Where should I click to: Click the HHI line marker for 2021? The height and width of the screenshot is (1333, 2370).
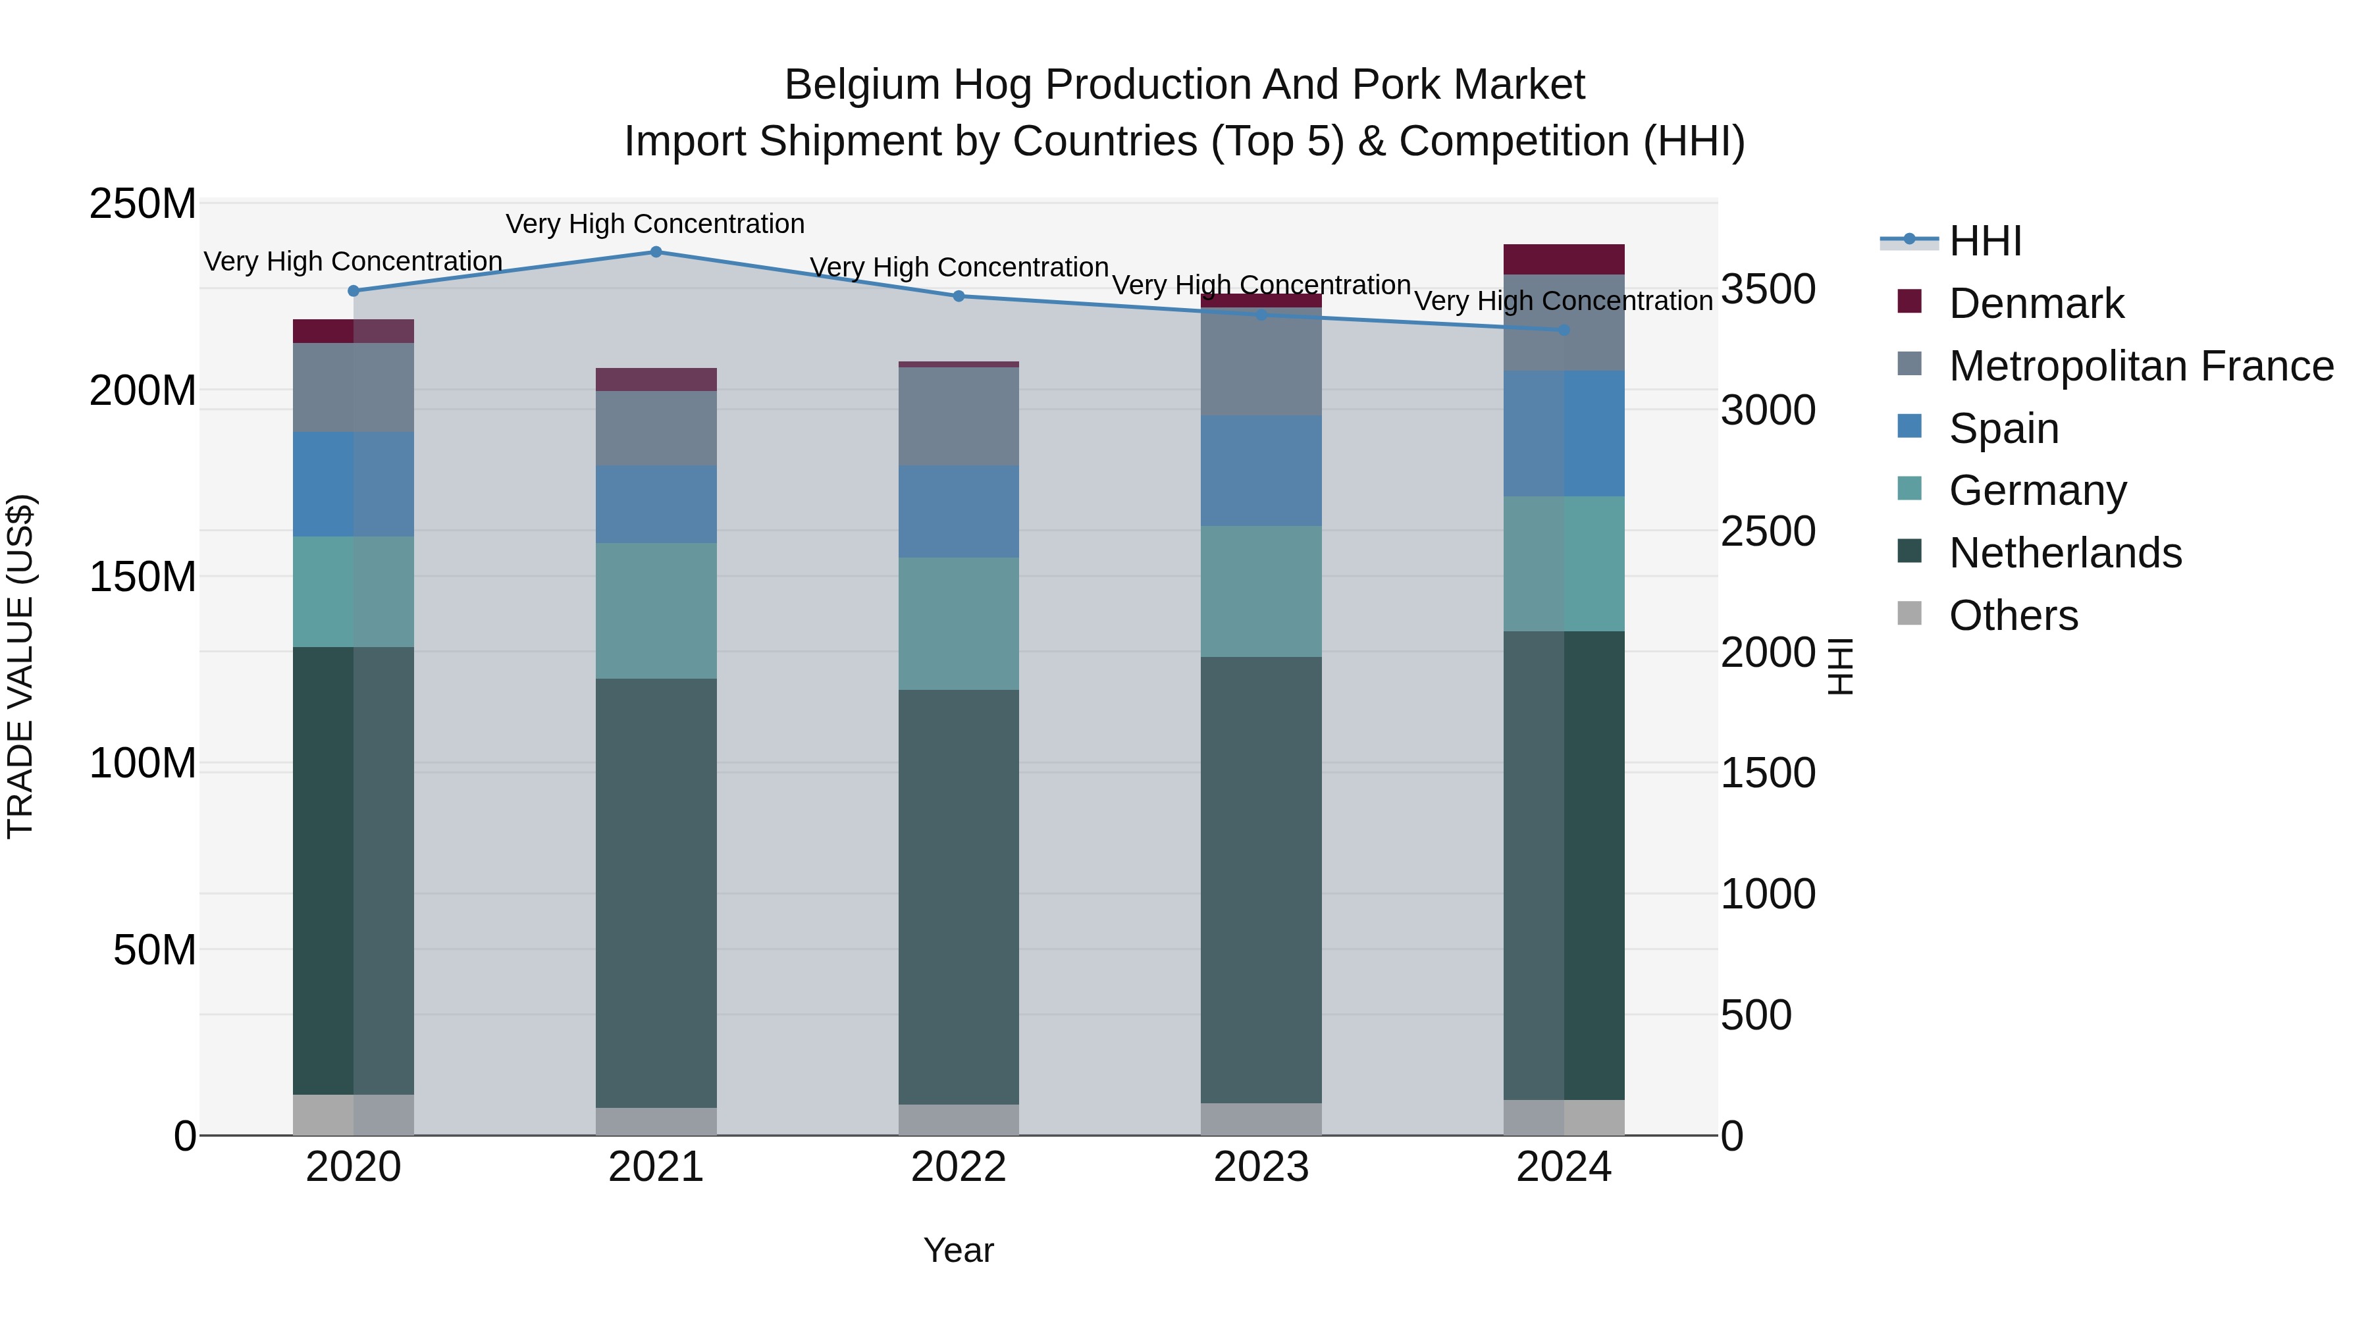click(x=656, y=252)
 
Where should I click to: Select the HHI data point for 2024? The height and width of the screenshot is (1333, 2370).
click(x=1564, y=329)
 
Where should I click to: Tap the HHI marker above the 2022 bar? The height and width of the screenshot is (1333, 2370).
click(x=959, y=296)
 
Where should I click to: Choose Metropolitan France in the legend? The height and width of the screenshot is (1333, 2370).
click(x=2140, y=366)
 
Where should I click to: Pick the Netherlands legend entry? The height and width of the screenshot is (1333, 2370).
click(x=2065, y=553)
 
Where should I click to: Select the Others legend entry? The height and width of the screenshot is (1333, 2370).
click(x=2013, y=615)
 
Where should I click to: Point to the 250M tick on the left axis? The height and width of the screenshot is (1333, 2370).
click(x=143, y=203)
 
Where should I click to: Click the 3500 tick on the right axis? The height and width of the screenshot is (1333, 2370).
click(x=1768, y=289)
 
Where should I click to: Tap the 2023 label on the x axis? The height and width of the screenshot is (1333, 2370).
click(x=1261, y=1167)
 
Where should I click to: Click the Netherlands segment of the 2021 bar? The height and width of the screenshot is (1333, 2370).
click(x=656, y=893)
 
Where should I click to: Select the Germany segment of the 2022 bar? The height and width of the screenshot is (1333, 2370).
click(x=959, y=624)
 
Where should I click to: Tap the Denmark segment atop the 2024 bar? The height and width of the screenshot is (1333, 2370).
click(x=1564, y=259)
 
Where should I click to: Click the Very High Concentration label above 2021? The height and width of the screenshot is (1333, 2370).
click(x=655, y=224)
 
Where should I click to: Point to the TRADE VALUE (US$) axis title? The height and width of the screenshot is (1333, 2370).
click(x=20, y=667)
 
